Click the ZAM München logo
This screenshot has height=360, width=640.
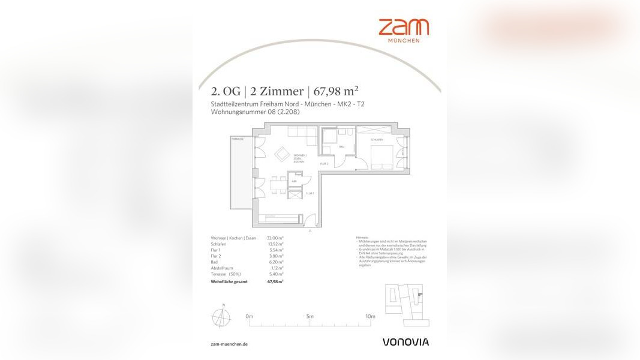pyautogui.click(x=403, y=30)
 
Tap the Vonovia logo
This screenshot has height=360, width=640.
pyautogui.click(x=405, y=342)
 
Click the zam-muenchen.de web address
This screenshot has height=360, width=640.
pyautogui.click(x=229, y=344)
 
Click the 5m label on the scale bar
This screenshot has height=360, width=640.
pyautogui.click(x=310, y=316)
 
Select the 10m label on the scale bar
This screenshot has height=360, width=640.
pyautogui.click(x=370, y=316)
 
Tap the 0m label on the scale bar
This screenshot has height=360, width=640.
pyautogui.click(x=250, y=316)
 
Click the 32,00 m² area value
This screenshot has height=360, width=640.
pyautogui.click(x=275, y=238)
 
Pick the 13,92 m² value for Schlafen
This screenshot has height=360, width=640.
pyautogui.click(x=275, y=244)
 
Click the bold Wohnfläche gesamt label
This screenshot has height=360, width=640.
pyautogui.click(x=229, y=281)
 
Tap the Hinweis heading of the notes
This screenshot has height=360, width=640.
pyautogui.click(x=362, y=238)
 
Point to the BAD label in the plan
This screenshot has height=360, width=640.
pyautogui.click(x=341, y=146)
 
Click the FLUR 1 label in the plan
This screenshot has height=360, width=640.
pyautogui.click(x=310, y=193)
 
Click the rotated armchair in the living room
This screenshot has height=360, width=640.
pyautogui.click(x=282, y=154)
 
